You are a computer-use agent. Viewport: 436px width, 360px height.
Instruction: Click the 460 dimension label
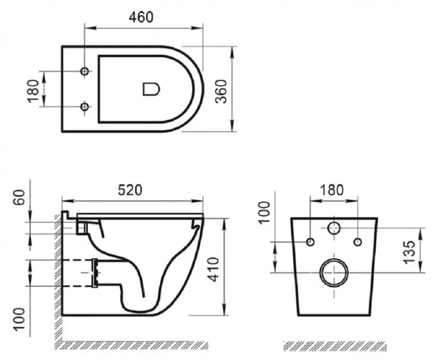[141, 17]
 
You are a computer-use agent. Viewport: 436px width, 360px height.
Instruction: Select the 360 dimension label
[222, 91]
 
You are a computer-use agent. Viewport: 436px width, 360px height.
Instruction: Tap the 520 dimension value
[130, 190]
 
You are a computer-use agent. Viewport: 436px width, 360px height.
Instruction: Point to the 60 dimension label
[19, 197]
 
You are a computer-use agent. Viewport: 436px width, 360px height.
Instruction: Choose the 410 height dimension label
[214, 269]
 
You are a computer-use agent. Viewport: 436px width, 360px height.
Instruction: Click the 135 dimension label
[410, 252]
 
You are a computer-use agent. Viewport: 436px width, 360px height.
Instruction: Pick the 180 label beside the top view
[33, 91]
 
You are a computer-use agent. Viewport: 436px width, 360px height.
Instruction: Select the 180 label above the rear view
[332, 190]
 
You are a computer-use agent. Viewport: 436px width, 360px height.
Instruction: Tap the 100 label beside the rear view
[264, 212]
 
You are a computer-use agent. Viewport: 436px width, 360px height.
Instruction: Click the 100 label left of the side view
[19, 319]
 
